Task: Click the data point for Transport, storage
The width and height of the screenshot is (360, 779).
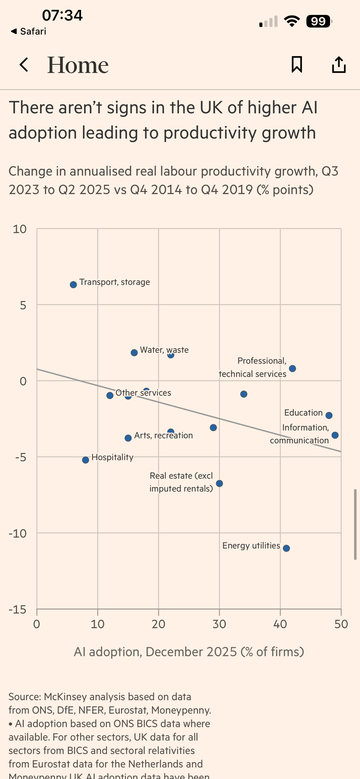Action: click(x=73, y=285)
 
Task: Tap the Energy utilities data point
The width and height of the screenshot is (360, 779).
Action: click(x=286, y=548)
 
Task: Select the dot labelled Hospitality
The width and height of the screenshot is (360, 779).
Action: click(x=86, y=460)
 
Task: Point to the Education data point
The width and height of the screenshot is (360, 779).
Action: click(x=329, y=416)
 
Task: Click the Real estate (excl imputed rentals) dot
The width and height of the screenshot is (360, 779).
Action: click(x=219, y=484)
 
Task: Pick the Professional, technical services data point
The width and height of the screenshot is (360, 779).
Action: click(x=293, y=368)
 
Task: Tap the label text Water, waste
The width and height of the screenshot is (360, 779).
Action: click(x=164, y=350)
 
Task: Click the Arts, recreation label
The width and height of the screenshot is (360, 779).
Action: click(x=163, y=435)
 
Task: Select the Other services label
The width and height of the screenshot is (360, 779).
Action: click(x=143, y=393)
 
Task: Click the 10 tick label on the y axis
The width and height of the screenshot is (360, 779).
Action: click(x=19, y=229)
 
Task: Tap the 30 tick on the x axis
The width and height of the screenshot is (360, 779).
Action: click(x=219, y=624)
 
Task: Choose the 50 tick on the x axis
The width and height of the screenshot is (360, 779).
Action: click(x=341, y=624)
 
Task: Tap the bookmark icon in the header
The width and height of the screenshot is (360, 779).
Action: click(x=297, y=65)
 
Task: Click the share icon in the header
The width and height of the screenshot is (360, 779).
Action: click(x=339, y=65)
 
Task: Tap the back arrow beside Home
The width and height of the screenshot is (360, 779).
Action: click(x=24, y=65)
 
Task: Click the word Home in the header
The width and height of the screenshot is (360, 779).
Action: click(x=78, y=65)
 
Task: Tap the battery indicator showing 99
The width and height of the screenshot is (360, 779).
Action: click(x=319, y=21)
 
